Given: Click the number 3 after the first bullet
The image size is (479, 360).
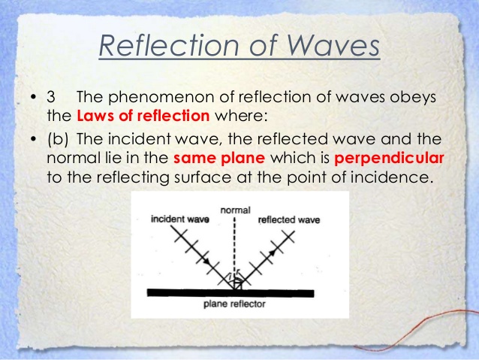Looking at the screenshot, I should pos(51,99).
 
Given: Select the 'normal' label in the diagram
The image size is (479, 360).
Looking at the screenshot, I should pos(236,210).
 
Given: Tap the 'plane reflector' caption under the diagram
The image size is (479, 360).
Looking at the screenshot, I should pos(235,304).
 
